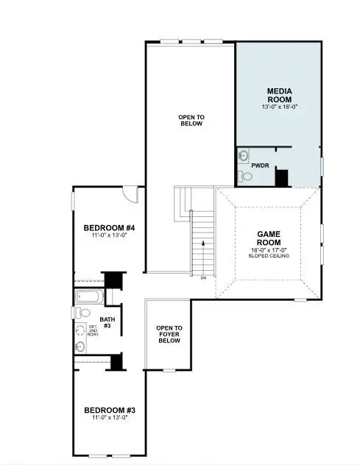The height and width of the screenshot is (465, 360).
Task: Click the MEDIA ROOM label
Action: tap(278, 95)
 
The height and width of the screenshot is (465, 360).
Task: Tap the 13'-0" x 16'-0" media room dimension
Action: tap(278, 107)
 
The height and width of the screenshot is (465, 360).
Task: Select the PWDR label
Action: tap(260, 166)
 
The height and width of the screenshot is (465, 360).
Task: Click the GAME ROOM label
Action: tap(269, 238)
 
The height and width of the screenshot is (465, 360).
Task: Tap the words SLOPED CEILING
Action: tap(269, 256)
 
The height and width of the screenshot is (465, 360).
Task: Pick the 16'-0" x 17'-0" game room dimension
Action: tap(269, 249)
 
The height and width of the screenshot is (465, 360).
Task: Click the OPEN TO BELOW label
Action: tap(191, 120)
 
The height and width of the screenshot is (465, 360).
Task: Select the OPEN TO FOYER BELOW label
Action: tap(169, 334)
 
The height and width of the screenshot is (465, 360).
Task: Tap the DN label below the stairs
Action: tap(202, 277)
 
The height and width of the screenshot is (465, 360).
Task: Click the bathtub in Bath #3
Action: tap(89, 297)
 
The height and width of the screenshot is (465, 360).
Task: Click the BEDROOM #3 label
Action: tap(109, 410)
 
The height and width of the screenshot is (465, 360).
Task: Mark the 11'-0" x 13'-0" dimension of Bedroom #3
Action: tap(109, 418)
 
